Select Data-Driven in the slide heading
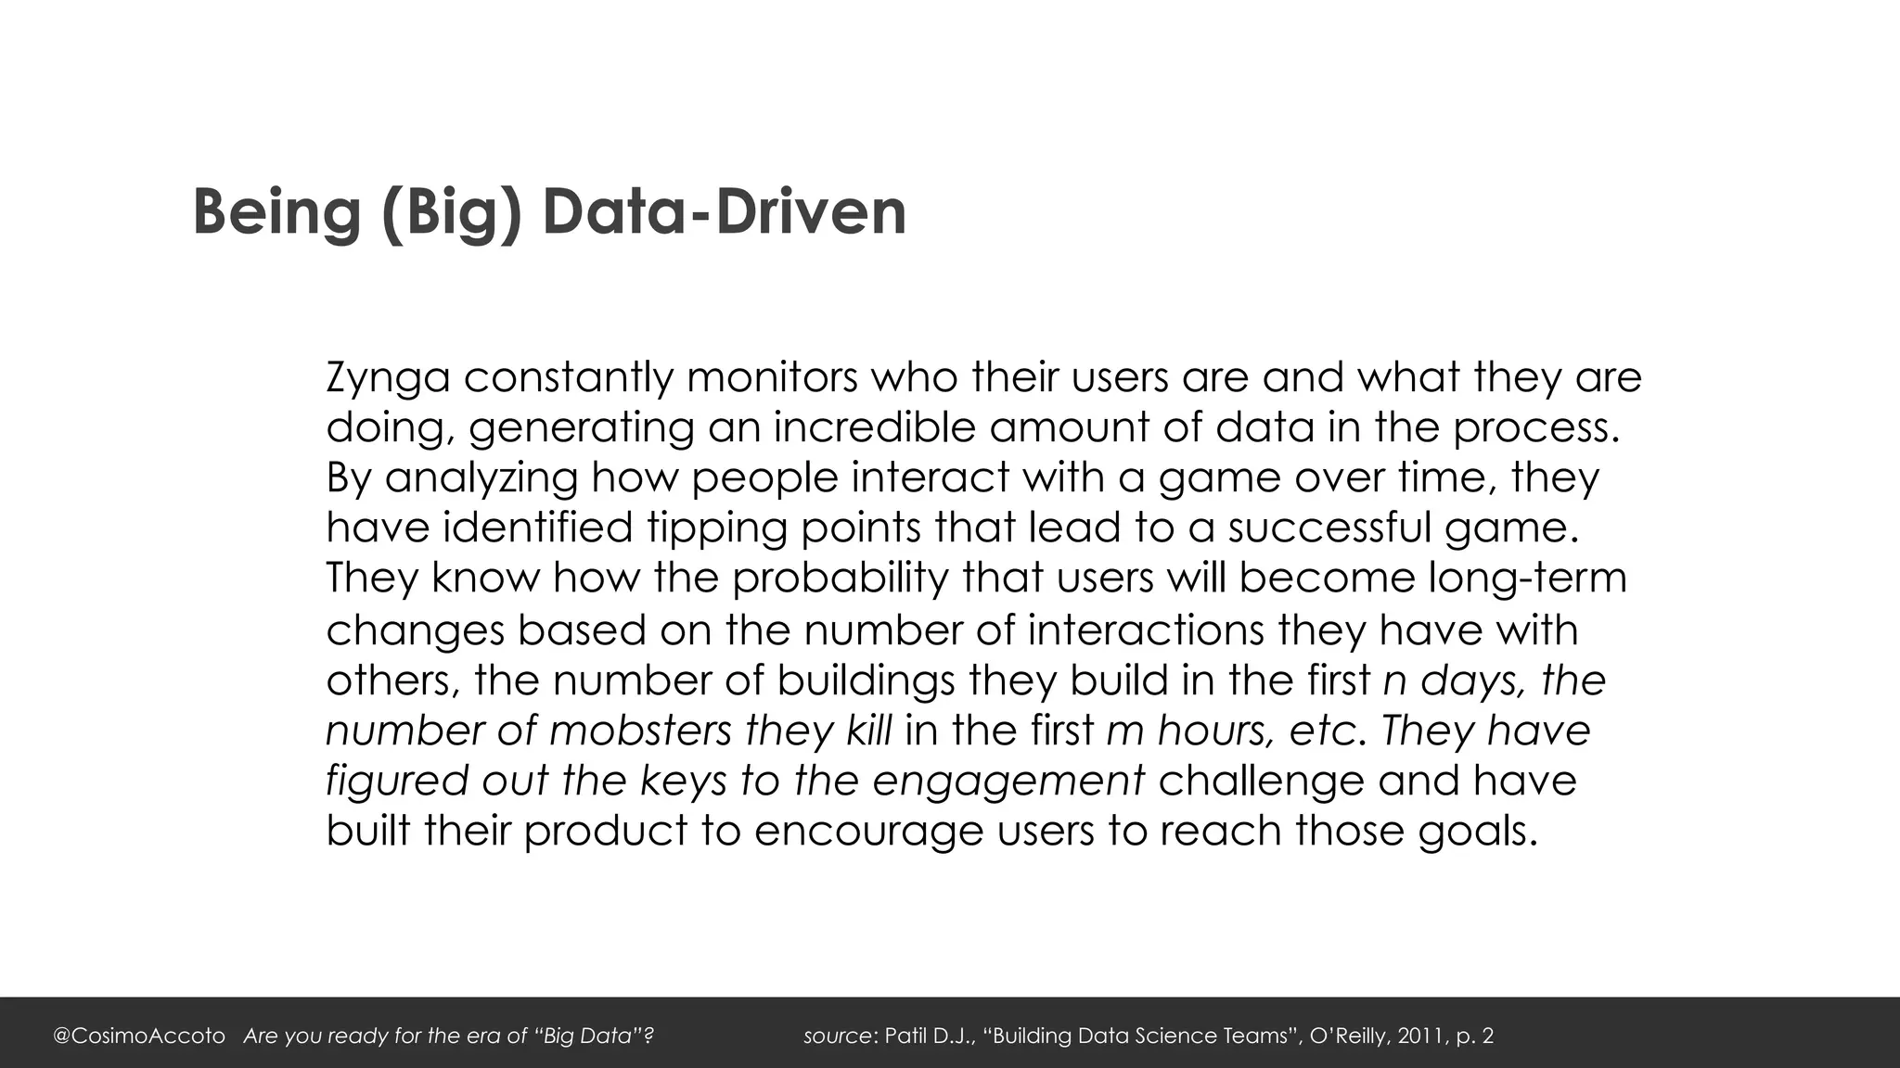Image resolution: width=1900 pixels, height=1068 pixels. click(724, 212)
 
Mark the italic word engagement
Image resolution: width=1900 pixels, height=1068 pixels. click(1008, 781)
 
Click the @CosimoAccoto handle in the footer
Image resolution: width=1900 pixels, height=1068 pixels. click(139, 1036)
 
